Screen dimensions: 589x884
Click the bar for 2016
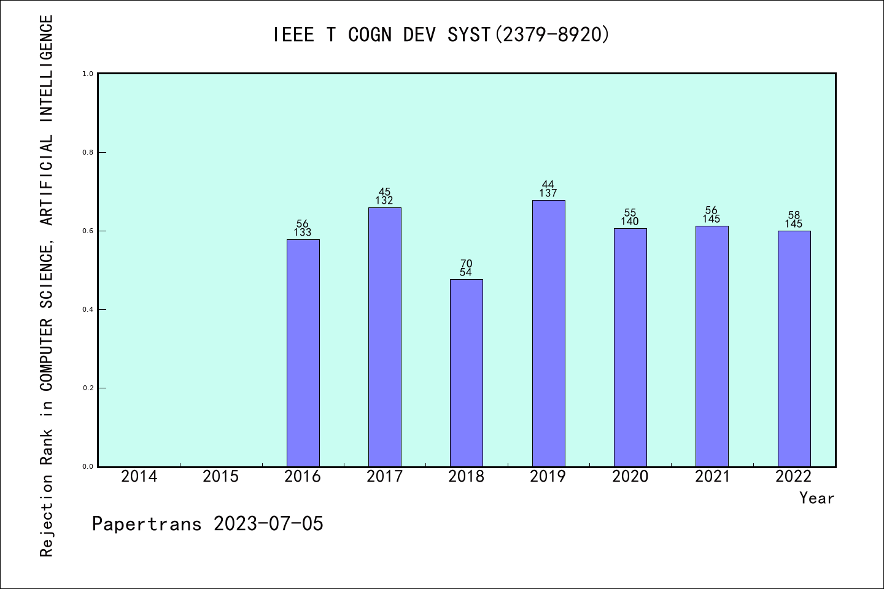303,353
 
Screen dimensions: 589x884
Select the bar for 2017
384,337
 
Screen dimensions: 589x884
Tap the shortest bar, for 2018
466,373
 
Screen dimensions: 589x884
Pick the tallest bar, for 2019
548,333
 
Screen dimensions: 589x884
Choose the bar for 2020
630,347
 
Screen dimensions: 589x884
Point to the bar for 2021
711,346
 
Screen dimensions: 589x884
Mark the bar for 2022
794,348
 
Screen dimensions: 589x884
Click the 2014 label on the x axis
139,477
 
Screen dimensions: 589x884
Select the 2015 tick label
221,477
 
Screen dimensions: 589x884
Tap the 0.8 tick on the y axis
88,152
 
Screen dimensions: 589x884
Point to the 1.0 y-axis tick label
88,74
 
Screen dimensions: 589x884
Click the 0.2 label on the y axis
88,388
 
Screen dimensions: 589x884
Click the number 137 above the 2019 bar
548,193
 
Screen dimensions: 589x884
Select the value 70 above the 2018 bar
466,264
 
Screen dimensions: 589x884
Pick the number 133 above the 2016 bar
303,233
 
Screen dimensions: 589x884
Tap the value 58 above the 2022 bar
794,215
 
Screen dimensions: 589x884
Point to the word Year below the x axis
816,498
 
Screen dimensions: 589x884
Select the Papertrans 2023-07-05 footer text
207,524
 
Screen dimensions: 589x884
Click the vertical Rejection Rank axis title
47,286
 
